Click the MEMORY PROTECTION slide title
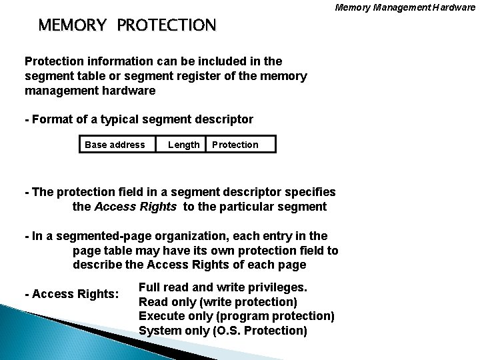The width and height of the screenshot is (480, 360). [x=127, y=25]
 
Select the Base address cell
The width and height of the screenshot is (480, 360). [x=115, y=145]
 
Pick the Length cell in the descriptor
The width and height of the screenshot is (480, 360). [x=183, y=145]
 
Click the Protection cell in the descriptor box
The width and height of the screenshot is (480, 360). [x=235, y=145]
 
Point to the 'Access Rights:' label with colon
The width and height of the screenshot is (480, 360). [x=71, y=294]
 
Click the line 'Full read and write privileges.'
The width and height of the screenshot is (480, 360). [x=223, y=287]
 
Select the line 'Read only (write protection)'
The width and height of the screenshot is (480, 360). [x=217, y=301]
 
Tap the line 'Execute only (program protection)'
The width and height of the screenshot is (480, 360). [x=236, y=315]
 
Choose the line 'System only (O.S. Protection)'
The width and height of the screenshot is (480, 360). [x=223, y=330]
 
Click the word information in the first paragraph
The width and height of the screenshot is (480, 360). [x=111, y=62]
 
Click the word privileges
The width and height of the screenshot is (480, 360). [x=276, y=287]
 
